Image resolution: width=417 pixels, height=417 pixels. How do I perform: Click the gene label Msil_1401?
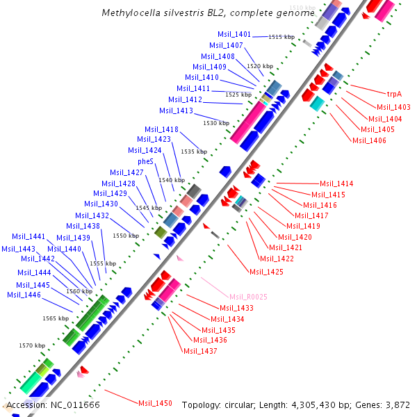point(234,34)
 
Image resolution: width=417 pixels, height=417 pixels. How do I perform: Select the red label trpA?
point(394,93)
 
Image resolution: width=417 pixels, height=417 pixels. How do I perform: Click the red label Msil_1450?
point(155,403)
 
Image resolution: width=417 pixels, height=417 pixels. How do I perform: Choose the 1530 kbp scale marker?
point(215,123)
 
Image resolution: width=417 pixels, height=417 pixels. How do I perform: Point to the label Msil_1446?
point(24,295)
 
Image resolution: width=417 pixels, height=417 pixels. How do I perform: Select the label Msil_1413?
point(176,111)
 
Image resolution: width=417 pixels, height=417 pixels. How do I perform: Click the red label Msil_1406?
point(369,140)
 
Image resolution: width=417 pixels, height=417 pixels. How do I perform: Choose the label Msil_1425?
point(266,271)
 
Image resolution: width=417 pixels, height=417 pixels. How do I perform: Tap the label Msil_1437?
point(200,351)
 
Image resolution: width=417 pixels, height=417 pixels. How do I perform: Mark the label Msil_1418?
point(161,129)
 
